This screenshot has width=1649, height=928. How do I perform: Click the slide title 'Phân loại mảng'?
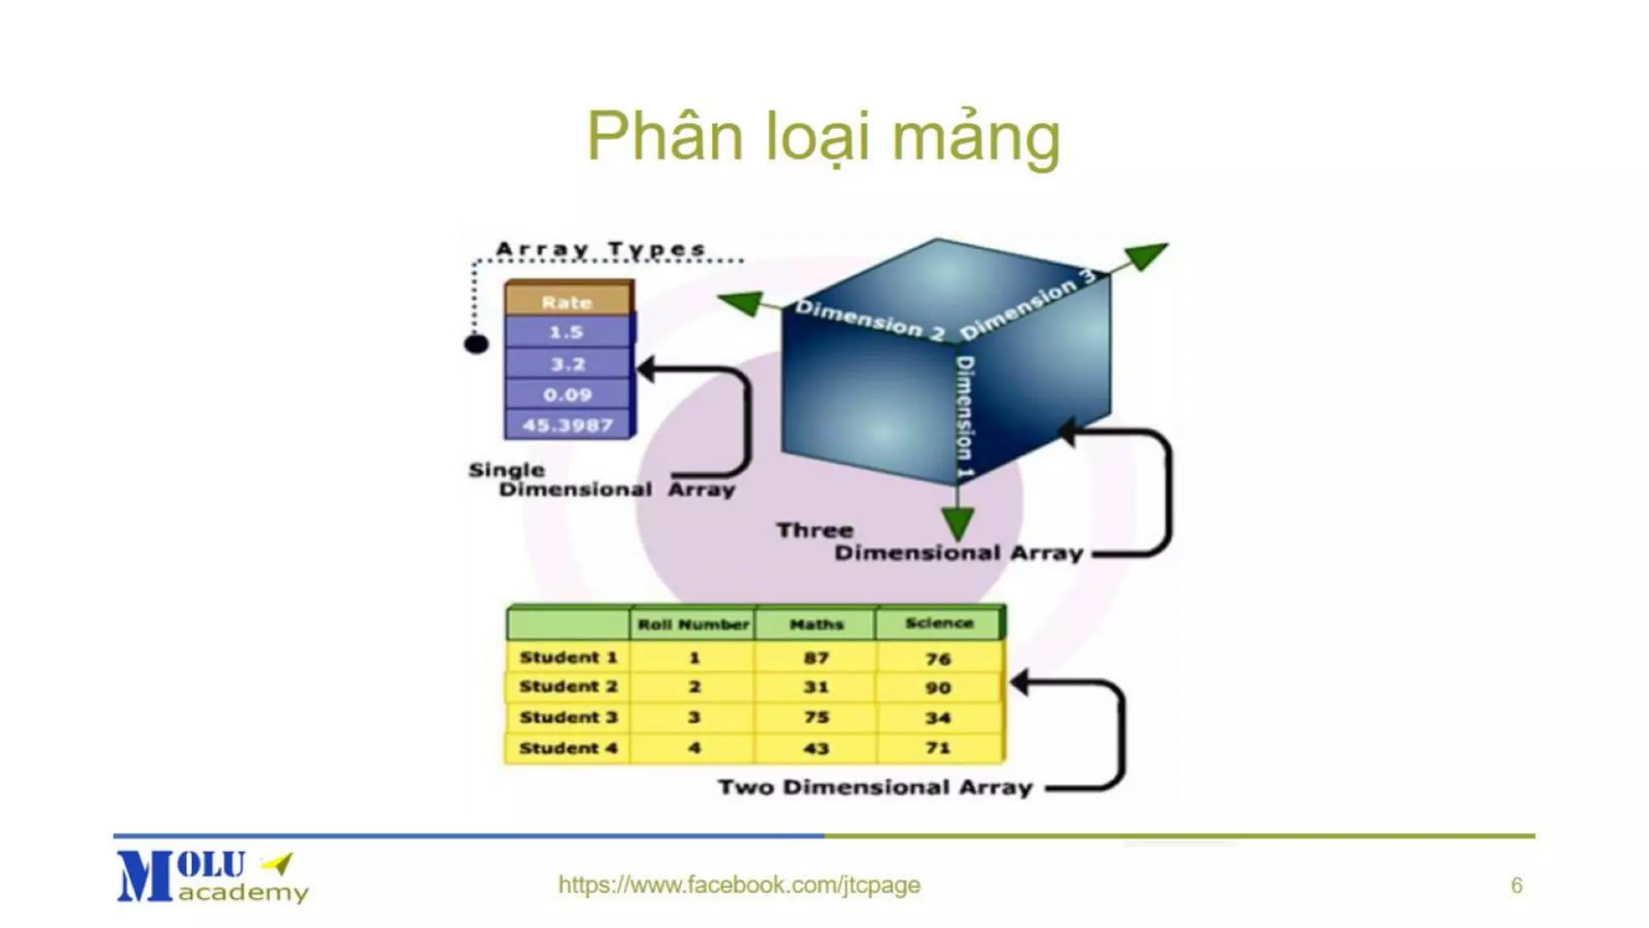(x=823, y=137)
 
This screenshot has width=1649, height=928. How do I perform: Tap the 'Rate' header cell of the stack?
(x=567, y=302)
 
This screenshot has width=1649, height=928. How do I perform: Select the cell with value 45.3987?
(x=567, y=425)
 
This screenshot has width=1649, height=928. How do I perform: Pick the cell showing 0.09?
(x=567, y=395)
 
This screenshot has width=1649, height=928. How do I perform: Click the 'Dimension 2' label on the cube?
(x=870, y=321)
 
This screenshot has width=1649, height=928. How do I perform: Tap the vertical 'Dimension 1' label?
(x=965, y=416)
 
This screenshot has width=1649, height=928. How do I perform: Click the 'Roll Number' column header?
(x=692, y=624)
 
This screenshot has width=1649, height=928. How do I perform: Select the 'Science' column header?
(x=939, y=623)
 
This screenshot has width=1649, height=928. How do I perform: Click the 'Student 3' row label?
(x=568, y=717)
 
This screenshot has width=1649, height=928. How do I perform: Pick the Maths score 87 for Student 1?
(x=816, y=658)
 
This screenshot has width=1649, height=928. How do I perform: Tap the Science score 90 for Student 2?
(x=938, y=688)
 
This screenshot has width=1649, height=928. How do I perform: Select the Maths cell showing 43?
(x=816, y=748)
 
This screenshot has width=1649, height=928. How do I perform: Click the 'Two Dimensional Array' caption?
(x=874, y=787)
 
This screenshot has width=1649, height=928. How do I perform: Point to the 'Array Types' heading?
(x=601, y=249)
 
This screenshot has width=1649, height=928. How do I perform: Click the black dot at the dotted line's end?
(x=476, y=345)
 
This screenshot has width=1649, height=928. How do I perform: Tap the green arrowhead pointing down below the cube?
(x=957, y=524)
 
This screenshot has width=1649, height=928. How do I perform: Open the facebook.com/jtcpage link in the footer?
(x=738, y=884)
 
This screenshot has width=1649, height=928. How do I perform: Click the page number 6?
(x=1516, y=885)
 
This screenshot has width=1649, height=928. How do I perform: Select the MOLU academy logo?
(x=211, y=876)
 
